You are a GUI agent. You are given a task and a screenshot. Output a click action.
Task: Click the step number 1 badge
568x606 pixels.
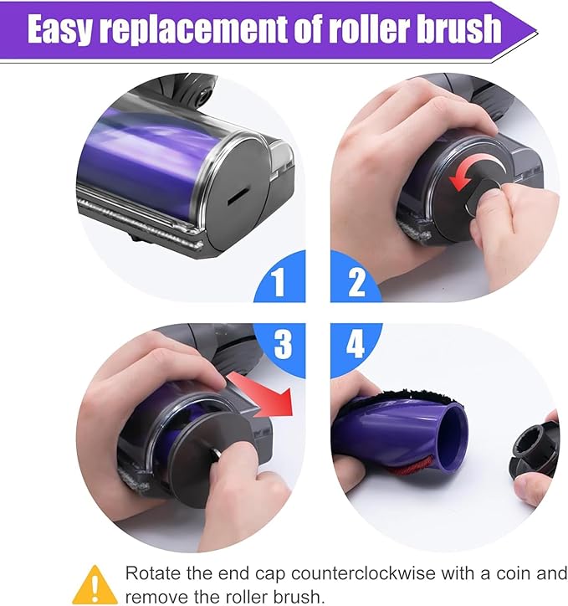tap(279, 282)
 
